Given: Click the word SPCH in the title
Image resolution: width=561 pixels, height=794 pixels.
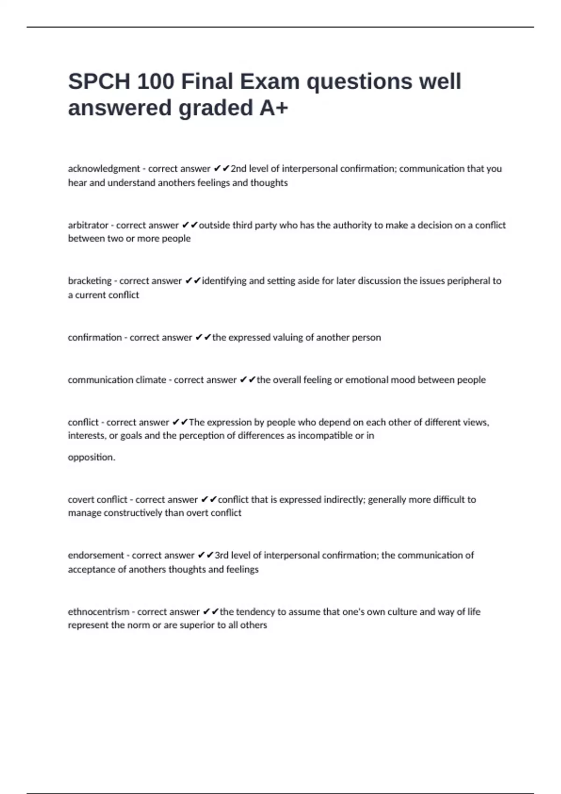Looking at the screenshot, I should [x=99, y=82].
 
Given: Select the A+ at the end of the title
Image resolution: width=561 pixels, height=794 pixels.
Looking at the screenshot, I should [x=273, y=108].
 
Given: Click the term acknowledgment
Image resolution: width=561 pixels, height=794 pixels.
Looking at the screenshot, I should [x=104, y=169].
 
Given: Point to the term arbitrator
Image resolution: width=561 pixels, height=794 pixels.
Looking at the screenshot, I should [x=88, y=225].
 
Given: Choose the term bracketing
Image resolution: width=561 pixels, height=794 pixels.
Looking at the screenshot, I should [x=90, y=281].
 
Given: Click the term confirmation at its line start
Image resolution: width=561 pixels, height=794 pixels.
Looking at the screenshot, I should [x=94, y=337].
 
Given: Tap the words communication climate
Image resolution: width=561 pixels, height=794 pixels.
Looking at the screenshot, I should [x=117, y=380].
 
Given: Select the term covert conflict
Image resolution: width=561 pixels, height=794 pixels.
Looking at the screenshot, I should [x=97, y=499].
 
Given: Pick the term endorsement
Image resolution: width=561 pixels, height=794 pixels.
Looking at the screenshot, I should [x=96, y=555].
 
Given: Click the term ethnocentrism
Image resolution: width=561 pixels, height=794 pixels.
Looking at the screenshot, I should [x=98, y=612].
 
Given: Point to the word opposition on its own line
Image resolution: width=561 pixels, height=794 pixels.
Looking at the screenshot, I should [x=91, y=457].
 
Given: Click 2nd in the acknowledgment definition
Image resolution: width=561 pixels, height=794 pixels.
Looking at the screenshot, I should [x=238, y=169].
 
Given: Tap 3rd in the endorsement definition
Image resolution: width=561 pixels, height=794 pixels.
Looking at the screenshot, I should [x=221, y=555].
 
